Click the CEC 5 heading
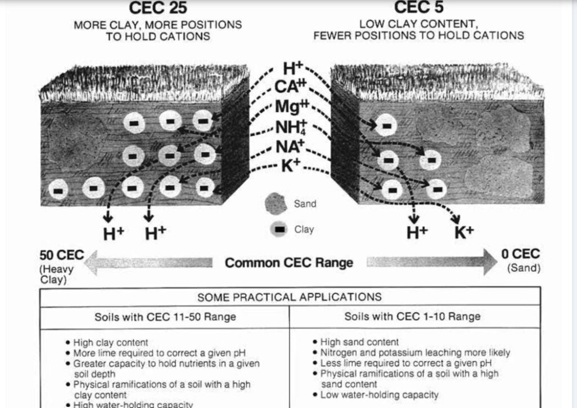point(418,7)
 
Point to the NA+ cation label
point(290,147)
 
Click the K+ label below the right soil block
point(464,232)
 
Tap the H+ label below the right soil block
point(416,232)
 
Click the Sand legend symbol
point(276,203)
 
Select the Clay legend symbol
point(278,229)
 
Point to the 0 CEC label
point(520,254)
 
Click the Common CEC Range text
point(289,263)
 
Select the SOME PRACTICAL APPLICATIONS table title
point(289,297)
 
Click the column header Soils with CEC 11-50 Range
point(165,317)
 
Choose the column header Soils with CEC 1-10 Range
point(412,316)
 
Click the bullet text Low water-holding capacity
point(379,394)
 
